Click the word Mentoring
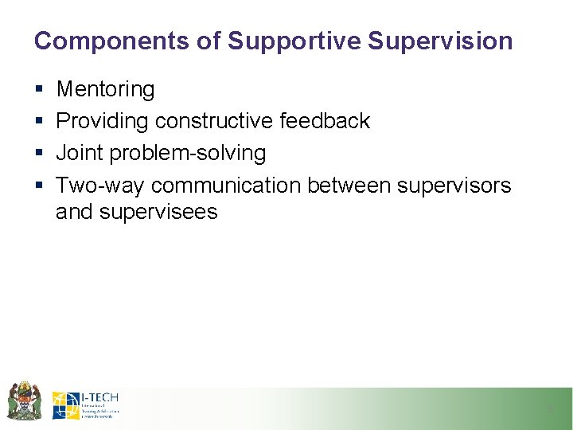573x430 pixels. tap(105, 90)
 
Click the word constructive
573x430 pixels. tap(214, 121)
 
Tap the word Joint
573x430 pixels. tap(77, 152)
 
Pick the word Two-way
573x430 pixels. tap(100, 185)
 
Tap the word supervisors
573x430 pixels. tap(454, 185)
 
